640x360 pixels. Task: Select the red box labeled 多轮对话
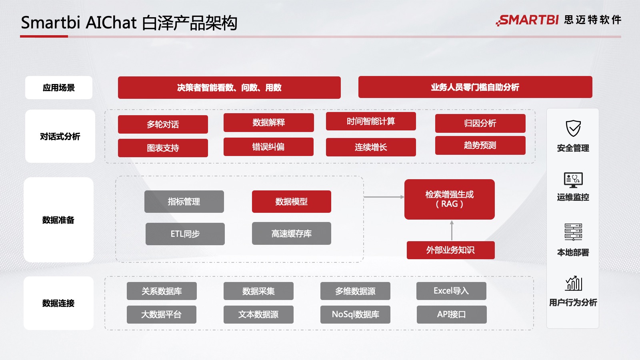click(x=163, y=124)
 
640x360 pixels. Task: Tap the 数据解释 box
click(x=268, y=122)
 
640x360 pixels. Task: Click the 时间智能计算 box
click(x=371, y=121)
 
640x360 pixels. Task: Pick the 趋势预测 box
click(x=480, y=145)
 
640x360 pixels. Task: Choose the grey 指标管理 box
click(x=184, y=202)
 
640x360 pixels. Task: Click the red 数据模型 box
click(x=291, y=202)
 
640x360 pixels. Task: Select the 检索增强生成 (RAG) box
click(x=449, y=199)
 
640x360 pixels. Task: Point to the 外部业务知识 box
click(x=450, y=250)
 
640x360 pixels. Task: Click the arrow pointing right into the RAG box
click(x=384, y=197)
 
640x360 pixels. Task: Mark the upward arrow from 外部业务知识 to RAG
click(x=452, y=230)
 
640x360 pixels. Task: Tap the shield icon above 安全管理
click(x=573, y=128)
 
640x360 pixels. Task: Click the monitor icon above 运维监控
click(x=573, y=180)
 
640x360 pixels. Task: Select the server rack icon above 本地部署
click(x=573, y=232)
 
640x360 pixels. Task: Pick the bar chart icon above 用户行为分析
click(x=573, y=283)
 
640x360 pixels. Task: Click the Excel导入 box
click(x=451, y=291)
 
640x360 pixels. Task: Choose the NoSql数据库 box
click(x=355, y=314)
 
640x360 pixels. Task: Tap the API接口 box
click(x=452, y=314)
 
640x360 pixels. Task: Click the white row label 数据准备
click(x=58, y=220)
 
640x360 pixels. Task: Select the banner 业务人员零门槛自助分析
click(x=475, y=87)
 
